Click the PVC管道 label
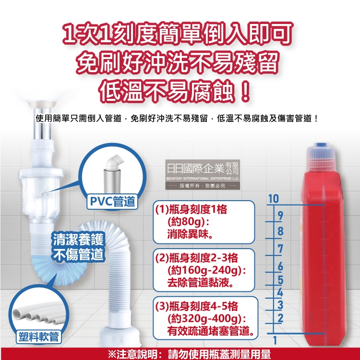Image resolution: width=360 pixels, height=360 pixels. (112, 201)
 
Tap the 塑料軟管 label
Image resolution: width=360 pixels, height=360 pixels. (38, 337)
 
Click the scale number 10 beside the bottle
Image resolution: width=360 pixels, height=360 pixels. (274, 199)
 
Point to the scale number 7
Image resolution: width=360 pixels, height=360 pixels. (280, 249)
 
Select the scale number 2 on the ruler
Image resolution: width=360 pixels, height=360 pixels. (280, 318)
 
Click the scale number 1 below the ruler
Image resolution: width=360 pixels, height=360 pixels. (275, 340)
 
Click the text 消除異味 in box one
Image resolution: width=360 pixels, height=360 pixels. (190, 235)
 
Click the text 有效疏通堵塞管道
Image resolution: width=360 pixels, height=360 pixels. (211, 331)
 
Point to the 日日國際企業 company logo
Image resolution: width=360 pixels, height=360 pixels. (203, 175)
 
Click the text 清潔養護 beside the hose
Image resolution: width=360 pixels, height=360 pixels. (78, 239)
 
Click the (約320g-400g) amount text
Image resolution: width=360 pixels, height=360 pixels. (207, 318)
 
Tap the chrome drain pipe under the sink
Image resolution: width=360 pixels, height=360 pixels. (42, 124)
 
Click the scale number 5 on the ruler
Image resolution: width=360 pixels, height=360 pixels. (280, 280)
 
